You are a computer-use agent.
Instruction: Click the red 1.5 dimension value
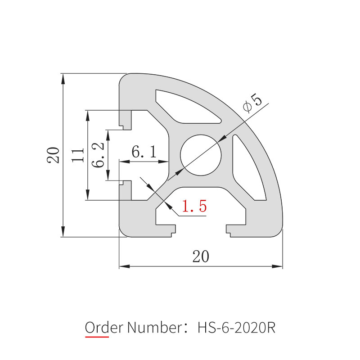194,207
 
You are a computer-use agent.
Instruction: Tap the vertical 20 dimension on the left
54,155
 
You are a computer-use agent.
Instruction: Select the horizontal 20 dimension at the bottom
201,256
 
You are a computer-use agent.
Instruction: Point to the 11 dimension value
79,155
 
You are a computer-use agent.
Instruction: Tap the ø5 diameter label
252,103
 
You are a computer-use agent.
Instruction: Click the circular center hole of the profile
201,156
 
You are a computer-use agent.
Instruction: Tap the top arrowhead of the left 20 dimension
63,77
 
